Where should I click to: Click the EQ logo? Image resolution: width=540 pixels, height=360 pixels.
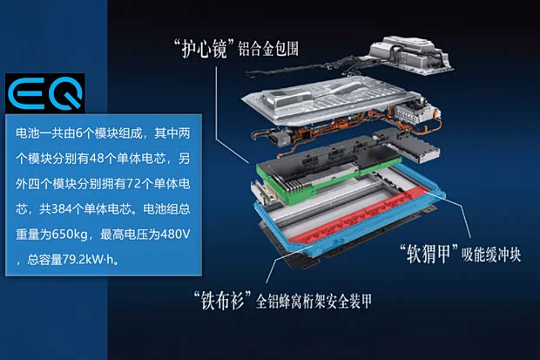pos(45,93)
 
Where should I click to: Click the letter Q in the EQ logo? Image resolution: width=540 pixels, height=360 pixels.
pos(65,93)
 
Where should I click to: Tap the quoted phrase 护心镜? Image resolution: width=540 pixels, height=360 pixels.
pos(204,49)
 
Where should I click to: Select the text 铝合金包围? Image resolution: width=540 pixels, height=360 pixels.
pos(268,49)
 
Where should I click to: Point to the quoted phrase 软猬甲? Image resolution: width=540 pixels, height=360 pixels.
pos(429,254)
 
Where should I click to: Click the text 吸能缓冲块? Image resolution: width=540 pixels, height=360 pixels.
pos(491,255)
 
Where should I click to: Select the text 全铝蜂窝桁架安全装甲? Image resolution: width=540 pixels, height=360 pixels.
pos(314,301)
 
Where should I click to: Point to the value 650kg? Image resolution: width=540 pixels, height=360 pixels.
pos(69,234)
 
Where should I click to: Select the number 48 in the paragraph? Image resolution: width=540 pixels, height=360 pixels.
pos(96,159)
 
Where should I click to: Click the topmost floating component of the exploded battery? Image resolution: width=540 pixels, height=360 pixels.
pos(410,55)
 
